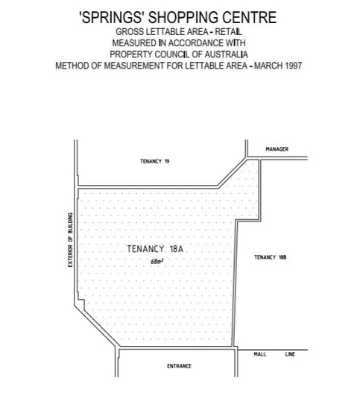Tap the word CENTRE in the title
[250, 17]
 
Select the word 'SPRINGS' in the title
[113, 17]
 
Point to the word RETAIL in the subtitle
[228, 32]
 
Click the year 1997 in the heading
[294, 66]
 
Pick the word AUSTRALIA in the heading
[227, 54]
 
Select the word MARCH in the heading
[268, 66]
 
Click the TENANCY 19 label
[155, 161]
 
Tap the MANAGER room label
[277, 149]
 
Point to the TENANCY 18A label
[155, 249]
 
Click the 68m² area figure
[157, 262]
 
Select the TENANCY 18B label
[271, 257]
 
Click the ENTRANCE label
[179, 366]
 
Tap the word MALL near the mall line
[260, 354]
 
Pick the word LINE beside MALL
[290, 354]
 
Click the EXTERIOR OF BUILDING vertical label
[70, 240]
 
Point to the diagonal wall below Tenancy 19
[233, 172]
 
